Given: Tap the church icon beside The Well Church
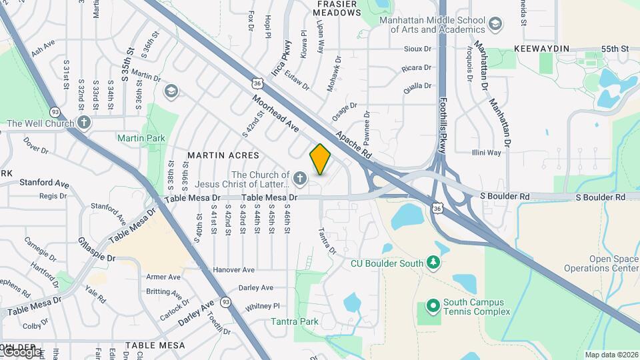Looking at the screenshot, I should [83, 122].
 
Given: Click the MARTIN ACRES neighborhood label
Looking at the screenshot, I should [223, 155].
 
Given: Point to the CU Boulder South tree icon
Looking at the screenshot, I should [433, 263].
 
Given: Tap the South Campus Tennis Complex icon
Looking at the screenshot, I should [432, 306].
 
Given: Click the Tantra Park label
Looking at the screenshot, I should [295, 321].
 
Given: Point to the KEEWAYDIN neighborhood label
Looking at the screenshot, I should [541, 49].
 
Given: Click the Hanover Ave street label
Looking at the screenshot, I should [234, 270].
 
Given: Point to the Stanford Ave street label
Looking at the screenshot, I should [44, 182].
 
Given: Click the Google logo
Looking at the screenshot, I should [22, 351].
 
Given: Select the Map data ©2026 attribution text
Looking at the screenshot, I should [611, 355].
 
